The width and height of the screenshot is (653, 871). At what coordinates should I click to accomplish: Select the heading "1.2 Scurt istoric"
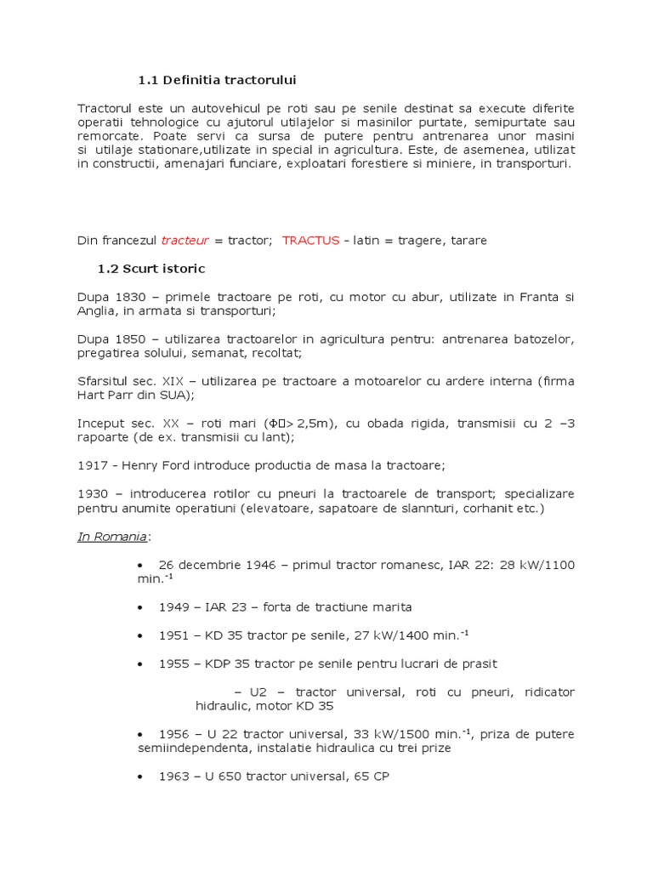(x=151, y=269)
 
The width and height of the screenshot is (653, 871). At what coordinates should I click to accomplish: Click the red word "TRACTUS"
(x=310, y=241)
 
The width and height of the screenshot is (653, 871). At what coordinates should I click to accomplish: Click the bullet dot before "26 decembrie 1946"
(x=140, y=566)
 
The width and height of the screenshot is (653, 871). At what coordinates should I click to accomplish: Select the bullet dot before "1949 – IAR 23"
(x=140, y=607)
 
